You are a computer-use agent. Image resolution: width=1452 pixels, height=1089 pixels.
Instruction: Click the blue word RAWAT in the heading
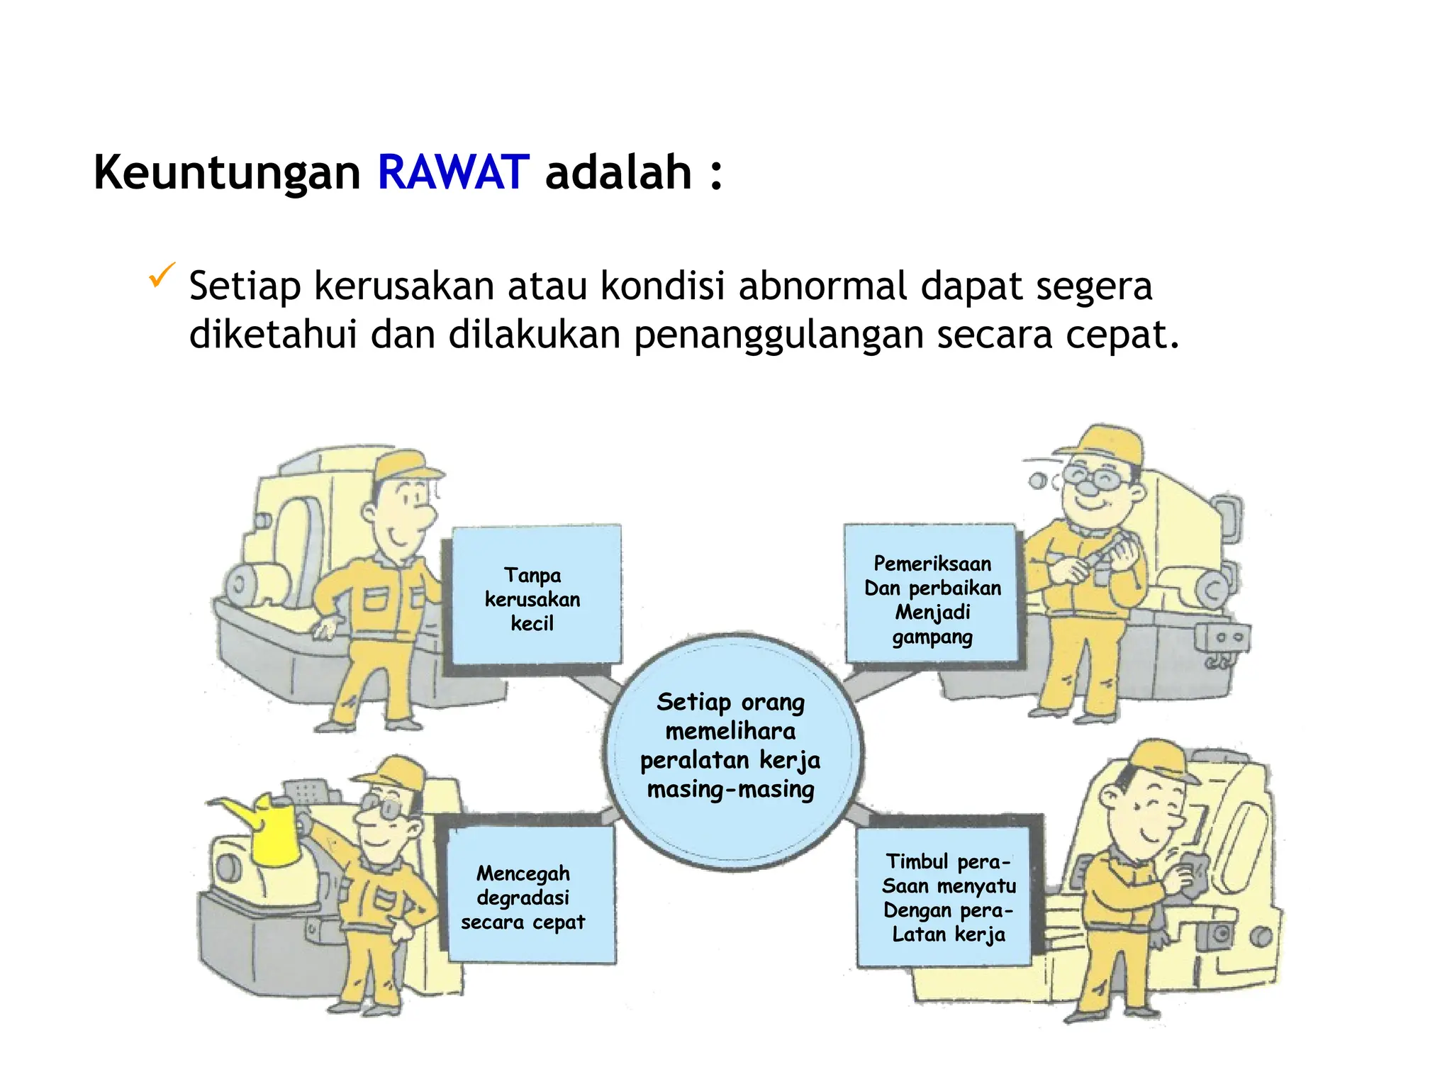[453, 173]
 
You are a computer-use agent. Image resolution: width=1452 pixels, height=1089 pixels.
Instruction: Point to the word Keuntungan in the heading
[227, 173]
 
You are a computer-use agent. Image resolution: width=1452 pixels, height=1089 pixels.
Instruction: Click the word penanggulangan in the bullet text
[778, 335]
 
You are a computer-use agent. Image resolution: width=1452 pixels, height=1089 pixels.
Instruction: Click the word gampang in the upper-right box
[932, 637]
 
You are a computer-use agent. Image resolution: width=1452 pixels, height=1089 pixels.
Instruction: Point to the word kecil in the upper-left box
[532, 624]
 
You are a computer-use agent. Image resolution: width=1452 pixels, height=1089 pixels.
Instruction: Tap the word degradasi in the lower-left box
[523, 898]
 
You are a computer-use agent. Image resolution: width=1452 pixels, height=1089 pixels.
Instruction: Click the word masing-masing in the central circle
[731, 790]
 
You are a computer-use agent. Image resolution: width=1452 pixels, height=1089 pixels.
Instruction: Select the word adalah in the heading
[618, 173]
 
